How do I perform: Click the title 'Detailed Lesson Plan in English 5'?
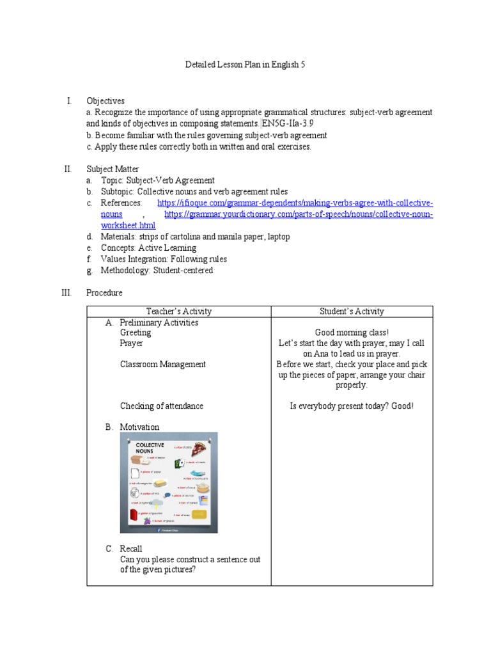pyautogui.click(x=245, y=65)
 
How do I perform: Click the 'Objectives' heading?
pyautogui.click(x=105, y=101)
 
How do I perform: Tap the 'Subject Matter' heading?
pyautogui.click(x=113, y=170)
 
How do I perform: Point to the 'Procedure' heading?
pyautogui.click(x=104, y=293)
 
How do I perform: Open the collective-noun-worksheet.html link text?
pyautogui.click(x=128, y=226)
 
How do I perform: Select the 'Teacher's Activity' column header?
pyautogui.click(x=178, y=312)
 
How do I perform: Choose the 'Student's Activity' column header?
pyautogui.click(x=352, y=312)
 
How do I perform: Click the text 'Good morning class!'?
pyautogui.click(x=352, y=333)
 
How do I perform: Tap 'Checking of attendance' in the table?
pyautogui.click(x=162, y=406)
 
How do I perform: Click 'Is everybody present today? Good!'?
pyautogui.click(x=352, y=406)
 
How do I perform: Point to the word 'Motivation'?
pyautogui.click(x=139, y=427)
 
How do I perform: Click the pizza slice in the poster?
pyautogui.click(x=199, y=448)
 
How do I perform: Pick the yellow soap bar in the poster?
pyautogui.click(x=199, y=514)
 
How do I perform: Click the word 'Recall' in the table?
pyautogui.click(x=131, y=549)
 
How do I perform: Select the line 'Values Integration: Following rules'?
pyautogui.click(x=164, y=259)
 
